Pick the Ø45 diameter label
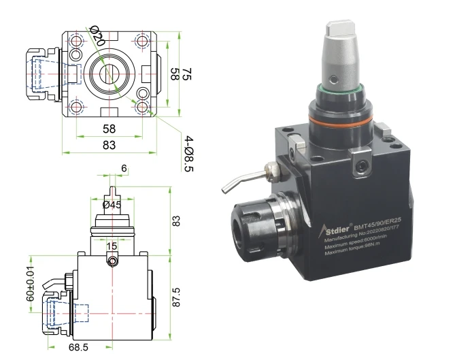(112, 204)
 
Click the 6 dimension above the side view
(124, 168)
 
